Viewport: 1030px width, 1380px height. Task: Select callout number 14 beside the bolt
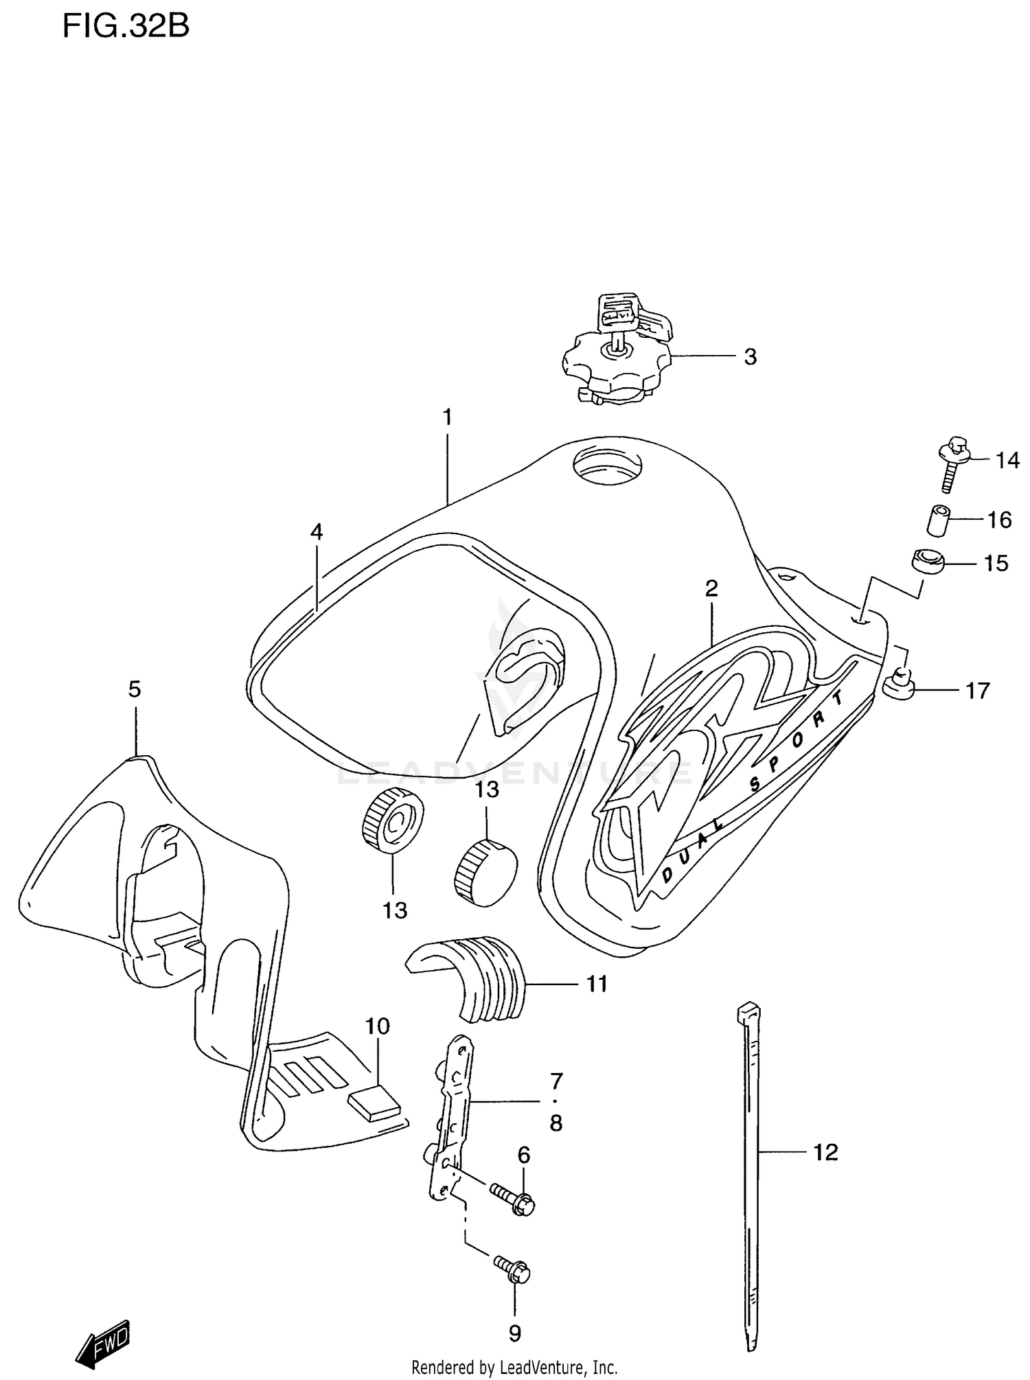click(x=1007, y=461)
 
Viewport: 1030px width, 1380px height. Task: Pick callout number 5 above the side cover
click(x=135, y=689)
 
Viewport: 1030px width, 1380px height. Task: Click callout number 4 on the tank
click(x=316, y=531)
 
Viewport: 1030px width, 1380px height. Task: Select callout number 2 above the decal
click(x=711, y=588)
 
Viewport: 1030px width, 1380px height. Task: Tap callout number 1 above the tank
click(x=447, y=417)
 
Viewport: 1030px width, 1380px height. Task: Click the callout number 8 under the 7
click(x=556, y=1123)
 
